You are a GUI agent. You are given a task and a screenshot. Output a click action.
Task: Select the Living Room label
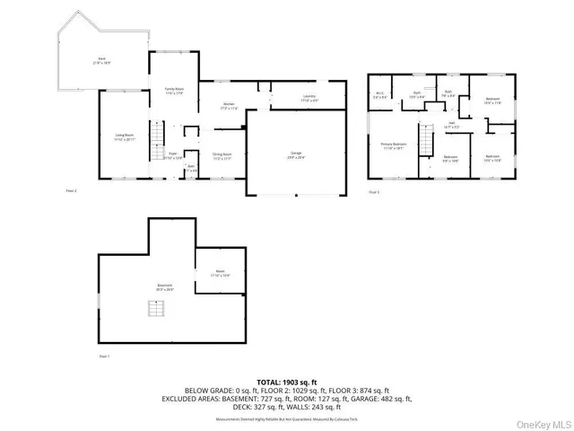coord(125,137)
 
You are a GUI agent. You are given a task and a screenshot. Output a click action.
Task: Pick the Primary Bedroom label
coord(393,145)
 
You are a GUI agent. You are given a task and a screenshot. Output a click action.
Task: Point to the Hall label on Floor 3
coord(452,126)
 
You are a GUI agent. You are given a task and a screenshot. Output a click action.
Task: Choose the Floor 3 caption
coord(374,191)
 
